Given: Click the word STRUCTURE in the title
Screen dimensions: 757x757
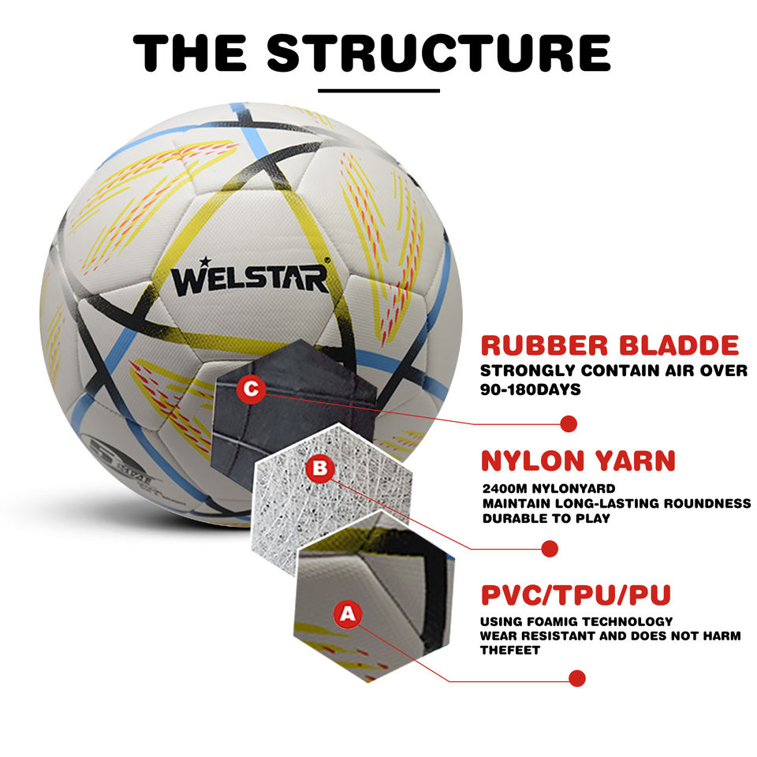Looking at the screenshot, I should pos(438,53).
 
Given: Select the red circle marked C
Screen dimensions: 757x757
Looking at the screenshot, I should pos(251,389).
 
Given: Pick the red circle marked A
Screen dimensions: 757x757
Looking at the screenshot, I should pos(349,613).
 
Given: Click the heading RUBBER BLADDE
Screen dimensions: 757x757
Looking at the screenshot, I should pos(610,345).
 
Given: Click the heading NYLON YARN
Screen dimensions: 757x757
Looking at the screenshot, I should pos(578,461).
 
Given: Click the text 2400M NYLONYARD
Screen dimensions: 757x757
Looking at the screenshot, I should pos(548,489).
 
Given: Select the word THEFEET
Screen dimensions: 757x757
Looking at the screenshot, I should pos(510,651).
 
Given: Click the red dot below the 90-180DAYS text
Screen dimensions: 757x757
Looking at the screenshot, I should pos(569,423).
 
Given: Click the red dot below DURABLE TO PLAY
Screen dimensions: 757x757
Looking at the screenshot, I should pos(550,549).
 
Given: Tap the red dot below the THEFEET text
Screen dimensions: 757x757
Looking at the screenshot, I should pos(577,678).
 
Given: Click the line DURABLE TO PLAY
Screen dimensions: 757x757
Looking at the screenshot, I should pos(545,518).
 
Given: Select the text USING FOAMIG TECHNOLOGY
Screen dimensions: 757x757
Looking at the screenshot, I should pos(576,621).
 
